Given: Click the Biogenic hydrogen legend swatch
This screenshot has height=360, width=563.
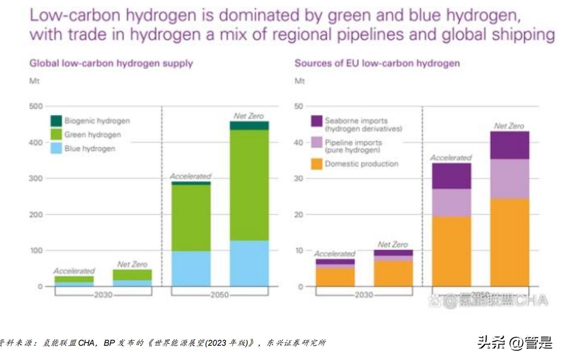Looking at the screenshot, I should click(x=56, y=121).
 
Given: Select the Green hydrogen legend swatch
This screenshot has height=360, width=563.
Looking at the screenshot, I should click(x=56, y=135).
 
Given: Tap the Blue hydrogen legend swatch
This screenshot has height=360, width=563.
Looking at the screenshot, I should click(x=56, y=149).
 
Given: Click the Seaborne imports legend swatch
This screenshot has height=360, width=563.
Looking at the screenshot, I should click(x=317, y=121).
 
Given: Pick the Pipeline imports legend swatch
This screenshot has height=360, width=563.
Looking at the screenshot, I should click(x=317, y=143).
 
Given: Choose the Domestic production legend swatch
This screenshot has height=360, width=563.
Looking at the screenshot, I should click(x=317, y=164).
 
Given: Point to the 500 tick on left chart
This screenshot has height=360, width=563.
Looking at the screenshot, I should click(x=36, y=107).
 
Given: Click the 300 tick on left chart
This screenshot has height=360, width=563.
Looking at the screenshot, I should click(x=36, y=178).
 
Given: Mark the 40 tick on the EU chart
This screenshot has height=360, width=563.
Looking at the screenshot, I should click(x=299, y=143).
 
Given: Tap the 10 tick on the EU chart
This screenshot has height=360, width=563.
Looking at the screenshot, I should click(x=299, y=251).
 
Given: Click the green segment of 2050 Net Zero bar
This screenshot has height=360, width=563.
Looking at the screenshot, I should click(x=249, y=184).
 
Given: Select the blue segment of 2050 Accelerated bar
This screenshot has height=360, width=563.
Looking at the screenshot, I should click(x=191, y=269).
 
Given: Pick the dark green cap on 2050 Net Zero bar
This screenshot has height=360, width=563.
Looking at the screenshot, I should click(x=249, y=126).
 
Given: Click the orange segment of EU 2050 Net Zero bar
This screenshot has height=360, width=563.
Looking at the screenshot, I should click(x=510, y=242).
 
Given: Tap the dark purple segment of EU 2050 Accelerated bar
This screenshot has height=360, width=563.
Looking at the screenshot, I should click(x=451, y=176).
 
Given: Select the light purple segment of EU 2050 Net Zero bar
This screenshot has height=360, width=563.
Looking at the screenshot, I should click(x=510, y=179).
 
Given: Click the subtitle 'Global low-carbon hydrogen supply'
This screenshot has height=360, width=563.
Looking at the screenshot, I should click(x=111, y=63).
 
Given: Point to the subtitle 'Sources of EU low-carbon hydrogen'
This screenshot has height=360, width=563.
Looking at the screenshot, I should click(x=377, y=63).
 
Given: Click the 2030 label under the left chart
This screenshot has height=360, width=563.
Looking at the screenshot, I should click(x=103, y=295).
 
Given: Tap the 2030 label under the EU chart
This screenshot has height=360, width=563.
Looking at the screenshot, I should click(x=364, y=295).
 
